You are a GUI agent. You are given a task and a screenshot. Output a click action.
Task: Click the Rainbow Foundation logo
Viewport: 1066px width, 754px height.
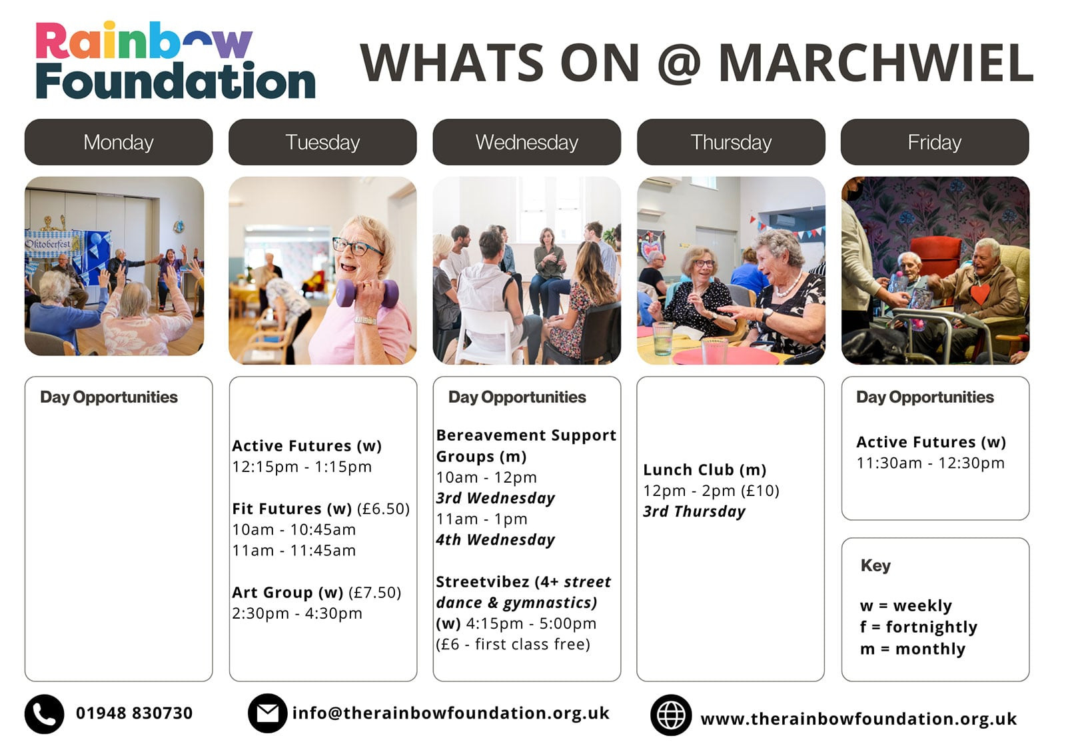(175, 60)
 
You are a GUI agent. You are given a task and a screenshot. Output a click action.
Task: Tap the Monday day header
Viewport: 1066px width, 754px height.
(119, 142)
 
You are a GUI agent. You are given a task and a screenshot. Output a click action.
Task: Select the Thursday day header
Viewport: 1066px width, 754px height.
(731, 142)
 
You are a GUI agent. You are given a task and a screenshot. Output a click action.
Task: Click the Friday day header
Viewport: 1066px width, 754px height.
(935, 142)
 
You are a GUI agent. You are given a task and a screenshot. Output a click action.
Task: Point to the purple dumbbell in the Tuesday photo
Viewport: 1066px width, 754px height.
(367, 293)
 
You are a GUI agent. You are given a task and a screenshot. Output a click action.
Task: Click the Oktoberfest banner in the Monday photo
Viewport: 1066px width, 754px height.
(53, 245)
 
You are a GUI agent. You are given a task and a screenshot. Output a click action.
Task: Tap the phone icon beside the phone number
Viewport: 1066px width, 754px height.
(44, 714)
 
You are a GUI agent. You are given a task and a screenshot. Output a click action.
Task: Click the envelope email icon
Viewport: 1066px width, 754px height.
(267, 713)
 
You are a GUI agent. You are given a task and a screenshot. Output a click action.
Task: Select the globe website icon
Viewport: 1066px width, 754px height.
(671, 715)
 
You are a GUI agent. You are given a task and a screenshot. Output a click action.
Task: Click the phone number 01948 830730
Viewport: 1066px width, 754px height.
(134, 713)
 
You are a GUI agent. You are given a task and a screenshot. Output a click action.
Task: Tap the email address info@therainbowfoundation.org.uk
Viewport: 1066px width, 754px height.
(450, 713)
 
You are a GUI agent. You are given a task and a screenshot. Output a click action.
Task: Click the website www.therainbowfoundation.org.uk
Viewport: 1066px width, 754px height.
(859, 719)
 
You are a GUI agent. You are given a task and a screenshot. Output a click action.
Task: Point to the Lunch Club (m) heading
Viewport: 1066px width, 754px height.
(705, 469)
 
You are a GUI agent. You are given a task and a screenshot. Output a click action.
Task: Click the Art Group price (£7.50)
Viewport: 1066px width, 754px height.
(375, 593)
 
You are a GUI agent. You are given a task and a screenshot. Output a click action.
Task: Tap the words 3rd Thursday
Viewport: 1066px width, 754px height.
(694, 511)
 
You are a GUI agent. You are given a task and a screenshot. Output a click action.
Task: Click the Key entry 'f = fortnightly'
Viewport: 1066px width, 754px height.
(919, 627)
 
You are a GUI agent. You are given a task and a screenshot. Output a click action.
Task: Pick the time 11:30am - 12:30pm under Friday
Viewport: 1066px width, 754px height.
(930, 463)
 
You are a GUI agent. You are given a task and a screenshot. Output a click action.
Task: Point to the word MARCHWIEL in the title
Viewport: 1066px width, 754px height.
(875, 63)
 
